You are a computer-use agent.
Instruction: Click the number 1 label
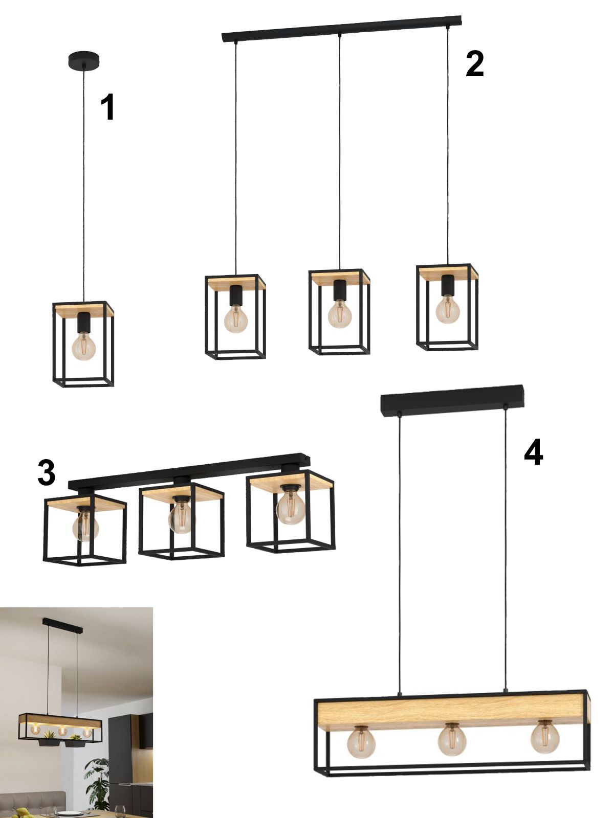[x=108, y=107]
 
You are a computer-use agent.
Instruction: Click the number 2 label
[x=475, y=64]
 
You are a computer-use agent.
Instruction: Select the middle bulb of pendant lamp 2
[x=340, y=314]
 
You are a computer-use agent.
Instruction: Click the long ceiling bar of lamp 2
[x=341, y=29]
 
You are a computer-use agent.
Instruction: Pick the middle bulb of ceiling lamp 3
[x=181, y=517]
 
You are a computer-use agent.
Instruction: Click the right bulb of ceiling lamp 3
[x=290, y=508]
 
